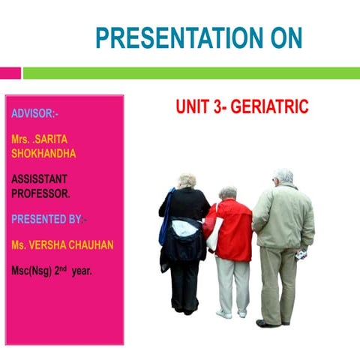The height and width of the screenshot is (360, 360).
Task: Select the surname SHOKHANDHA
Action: click(x=43, y=153)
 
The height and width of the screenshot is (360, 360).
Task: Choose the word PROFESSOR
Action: click(x=41, y=193)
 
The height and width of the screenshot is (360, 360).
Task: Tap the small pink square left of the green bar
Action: click(x=10, y=73)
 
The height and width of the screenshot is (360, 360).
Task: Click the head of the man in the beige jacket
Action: click(x=283, y=176)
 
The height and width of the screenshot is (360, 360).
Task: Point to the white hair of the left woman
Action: click(x=186, y=179)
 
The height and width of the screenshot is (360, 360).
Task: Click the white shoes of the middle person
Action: click(x=232, y=313)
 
